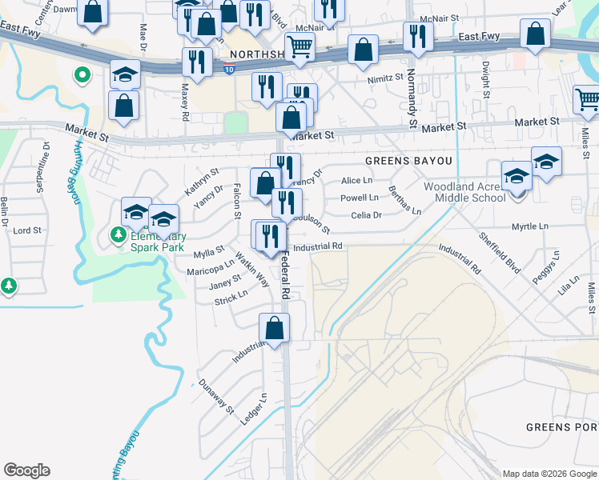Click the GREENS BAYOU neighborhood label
click(x=408, y=161)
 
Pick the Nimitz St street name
click(x=385, y=78)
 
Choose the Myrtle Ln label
click(x=530, y=227)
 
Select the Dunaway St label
click(x=215, y=397)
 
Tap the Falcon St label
click(x=237, y=200)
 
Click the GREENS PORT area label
click(x=561, y=427)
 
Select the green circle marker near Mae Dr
click(x=81, y=76)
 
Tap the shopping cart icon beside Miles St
click(x=587, y=99)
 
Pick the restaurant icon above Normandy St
click(x=418, y=35)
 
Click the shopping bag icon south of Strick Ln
click(x=274, y=326)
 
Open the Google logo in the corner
click(x=27, y=470)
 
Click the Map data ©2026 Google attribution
click(x=549, y=474)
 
